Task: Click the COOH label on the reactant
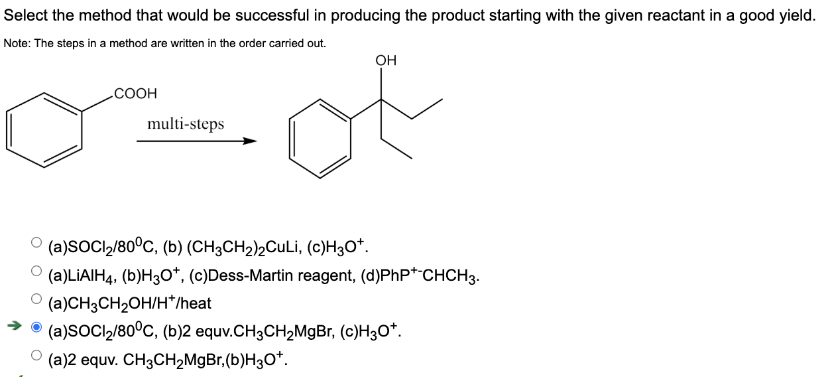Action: click(x=135, y=93)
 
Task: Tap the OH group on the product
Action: click(x=386, y=60)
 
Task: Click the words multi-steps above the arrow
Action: click(x=186, y=123)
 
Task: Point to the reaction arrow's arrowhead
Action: click(x=249, y=141)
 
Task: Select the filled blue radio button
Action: click(x=36, y=327)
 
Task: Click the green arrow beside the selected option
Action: click(x=15, y=325)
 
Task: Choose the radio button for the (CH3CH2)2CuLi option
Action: click(x=36, y=242)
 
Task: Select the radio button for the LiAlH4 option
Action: click(x=36, y=271)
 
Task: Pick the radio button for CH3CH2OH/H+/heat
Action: click(x=36, y=299)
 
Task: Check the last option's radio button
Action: click(x=36, y=355)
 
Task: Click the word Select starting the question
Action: click(x=26, y=16)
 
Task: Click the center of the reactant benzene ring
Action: click(x=44, y=130)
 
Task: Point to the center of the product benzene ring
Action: click(x=320, y=138)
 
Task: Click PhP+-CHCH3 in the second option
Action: click(x=420, y=276)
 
